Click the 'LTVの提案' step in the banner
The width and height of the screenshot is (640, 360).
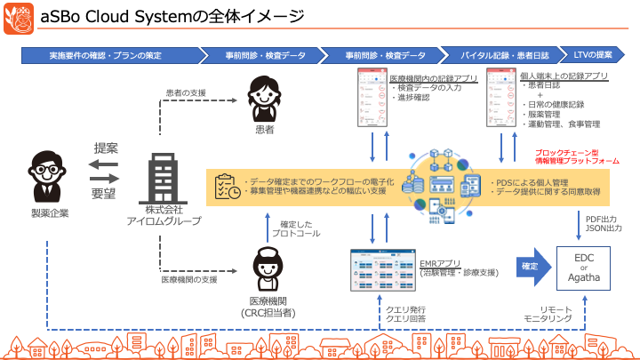595,55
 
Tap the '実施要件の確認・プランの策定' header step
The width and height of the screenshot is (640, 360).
110,55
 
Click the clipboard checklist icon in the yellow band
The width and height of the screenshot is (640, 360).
225,186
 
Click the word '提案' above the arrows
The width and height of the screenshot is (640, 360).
105,148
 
